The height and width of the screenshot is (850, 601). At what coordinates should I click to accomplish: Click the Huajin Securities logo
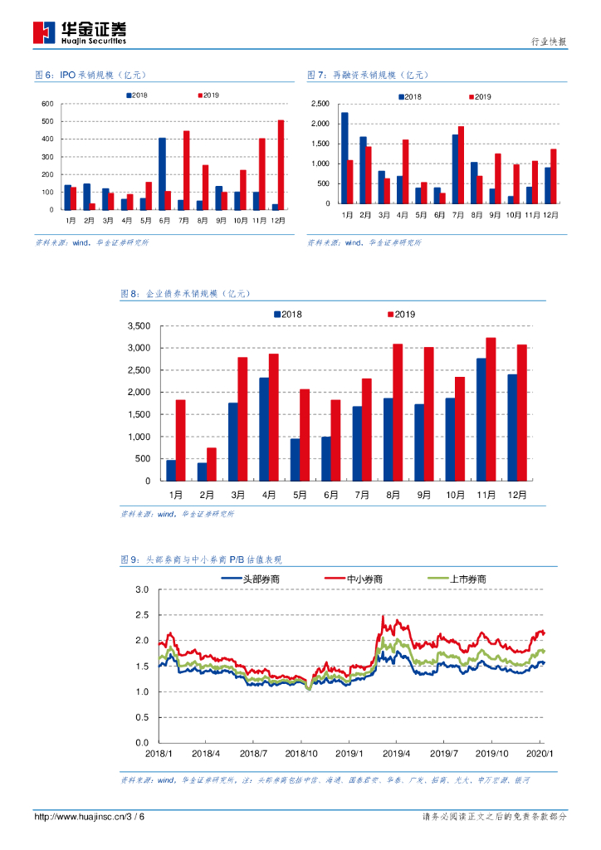point(79,32)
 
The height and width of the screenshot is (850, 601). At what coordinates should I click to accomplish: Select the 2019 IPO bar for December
point(281,165)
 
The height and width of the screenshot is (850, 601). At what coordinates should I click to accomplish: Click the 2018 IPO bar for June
point(162,173)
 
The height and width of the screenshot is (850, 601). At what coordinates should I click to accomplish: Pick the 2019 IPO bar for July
point(187,170)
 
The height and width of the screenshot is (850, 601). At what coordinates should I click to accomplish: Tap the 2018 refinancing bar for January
point(344,158)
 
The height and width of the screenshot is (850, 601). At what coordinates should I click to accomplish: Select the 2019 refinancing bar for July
point(462,164)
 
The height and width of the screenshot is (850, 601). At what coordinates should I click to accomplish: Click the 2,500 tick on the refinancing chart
point(320,104)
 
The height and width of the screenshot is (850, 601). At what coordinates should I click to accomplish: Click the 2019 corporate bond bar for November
point(491,409)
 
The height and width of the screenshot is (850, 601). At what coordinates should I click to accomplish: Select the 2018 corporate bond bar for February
point(202,471)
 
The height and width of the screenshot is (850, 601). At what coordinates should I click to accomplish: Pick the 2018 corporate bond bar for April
point(264,429)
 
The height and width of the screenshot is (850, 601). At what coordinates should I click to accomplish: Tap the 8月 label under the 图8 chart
point(393,494)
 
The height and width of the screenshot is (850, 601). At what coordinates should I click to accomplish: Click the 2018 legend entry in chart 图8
point(287,314)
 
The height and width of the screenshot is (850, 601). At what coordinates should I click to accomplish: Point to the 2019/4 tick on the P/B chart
point(397,754)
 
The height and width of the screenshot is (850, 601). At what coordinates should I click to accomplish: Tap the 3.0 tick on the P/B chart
point(141,589)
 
